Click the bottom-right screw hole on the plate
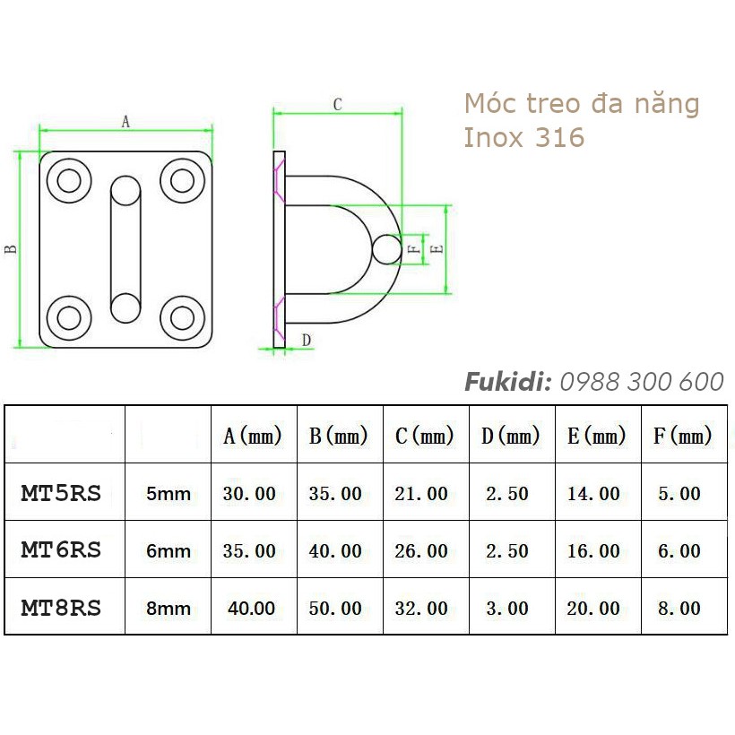pyautogui.click(x=182, y=316)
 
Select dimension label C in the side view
pyautogui.click(x=337, y=105)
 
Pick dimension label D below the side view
pyautogui.click(x=306, y=340)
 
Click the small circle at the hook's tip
pyautogui.click(x=387, y=249)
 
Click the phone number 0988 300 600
pyautogui.click(x=641, y=382)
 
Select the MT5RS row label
pyautogui.click(x=61, y=492)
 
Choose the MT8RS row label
pyautogui.click(x=61, y=607)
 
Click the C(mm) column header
pyautogui.click(x=424, y=437)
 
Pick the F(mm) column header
pyautogui.click(x=682, y=437)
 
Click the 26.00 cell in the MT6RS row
pyautogui.click(x=421, y=550)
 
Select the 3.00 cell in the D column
pyautogui.click(x=506, y=608)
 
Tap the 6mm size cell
pyautogui.click(x=169, y=550)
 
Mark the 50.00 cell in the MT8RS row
pyautogui.click(x=335, y=608)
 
